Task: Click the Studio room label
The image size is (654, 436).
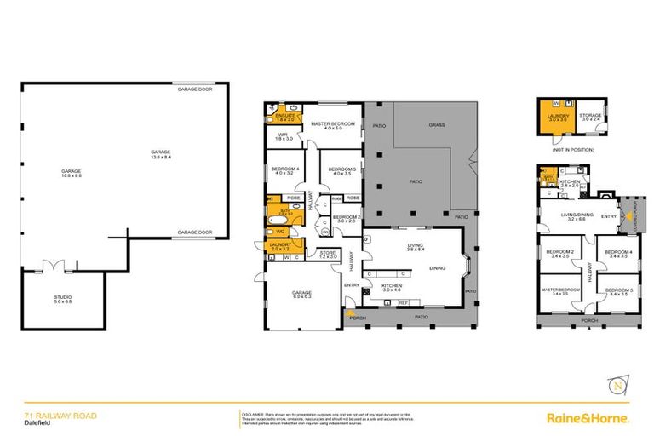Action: point(63,299)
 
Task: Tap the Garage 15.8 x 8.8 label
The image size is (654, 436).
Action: point(71,174)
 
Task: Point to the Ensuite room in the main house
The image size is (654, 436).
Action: point(284,117)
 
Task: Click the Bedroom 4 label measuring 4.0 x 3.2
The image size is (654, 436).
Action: point(283,171)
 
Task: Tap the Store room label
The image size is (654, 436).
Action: point(328,255)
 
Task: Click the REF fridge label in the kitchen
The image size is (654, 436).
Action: point(404,302)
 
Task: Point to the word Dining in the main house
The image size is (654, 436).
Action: point(437,268)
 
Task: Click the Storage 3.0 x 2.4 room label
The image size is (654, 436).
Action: point(590,117)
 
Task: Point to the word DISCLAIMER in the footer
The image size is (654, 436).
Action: point(255,412)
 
